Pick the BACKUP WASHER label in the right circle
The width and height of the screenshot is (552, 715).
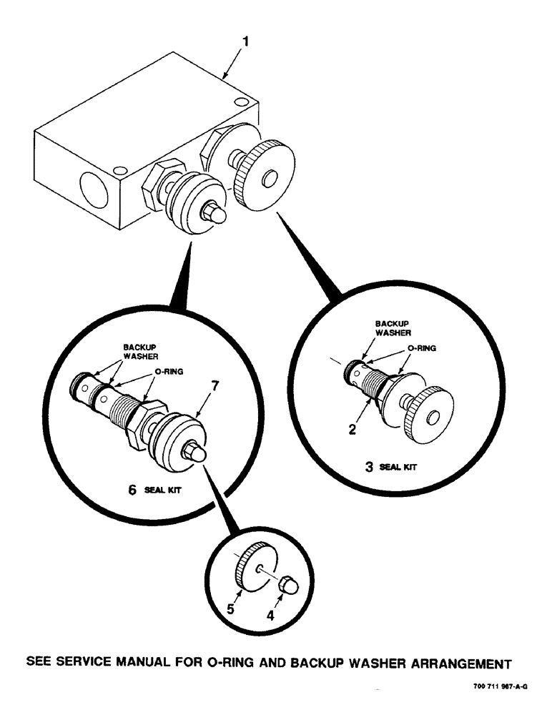(x=393, y=328)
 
